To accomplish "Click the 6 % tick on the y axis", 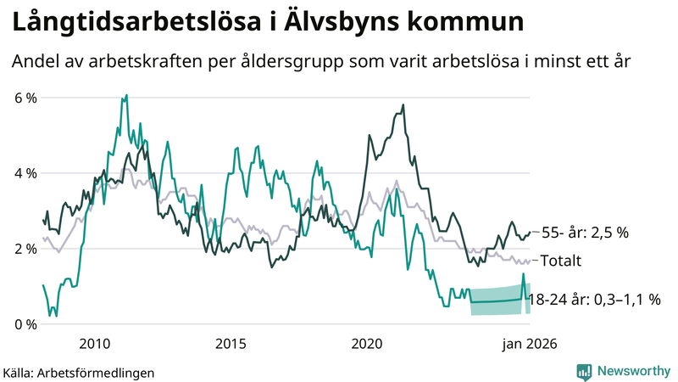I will click(25, 98).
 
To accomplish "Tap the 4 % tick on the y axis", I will click(25, 173).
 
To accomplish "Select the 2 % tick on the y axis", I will click(25, 249).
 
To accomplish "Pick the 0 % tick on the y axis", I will click(25, 324).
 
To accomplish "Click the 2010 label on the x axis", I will click(94, 344).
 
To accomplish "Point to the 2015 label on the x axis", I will click(231, 344).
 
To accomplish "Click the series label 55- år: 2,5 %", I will click(584, 233).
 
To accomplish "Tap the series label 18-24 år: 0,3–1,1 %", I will click(593, 300).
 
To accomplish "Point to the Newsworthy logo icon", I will click(584, 371).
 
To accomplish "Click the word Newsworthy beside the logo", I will click(632, 371).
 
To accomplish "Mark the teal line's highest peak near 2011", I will click(126, 95).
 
